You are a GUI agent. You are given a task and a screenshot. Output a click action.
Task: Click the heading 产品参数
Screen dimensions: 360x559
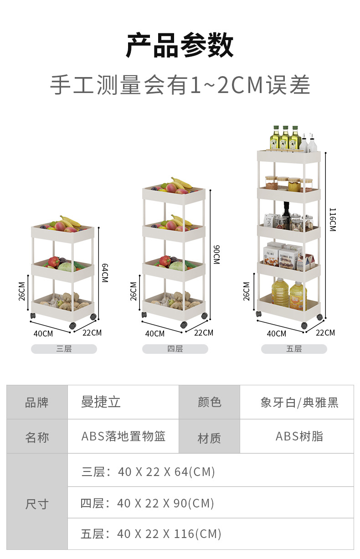[180, 46]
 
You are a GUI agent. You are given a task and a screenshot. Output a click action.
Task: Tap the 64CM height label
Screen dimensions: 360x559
[104, 272]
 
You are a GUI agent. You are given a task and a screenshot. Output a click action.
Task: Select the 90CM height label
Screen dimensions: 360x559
[216, 254]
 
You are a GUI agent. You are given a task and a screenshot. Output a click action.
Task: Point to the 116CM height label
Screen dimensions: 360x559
[332, 219]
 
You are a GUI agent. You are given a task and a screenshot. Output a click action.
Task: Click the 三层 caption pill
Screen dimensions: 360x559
[64, 349]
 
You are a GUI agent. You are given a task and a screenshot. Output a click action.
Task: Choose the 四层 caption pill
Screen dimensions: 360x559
[175, 349]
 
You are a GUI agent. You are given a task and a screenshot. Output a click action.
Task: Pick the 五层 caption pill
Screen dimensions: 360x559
[294, 349]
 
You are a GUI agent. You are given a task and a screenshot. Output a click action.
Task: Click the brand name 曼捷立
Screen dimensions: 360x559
[101, 402]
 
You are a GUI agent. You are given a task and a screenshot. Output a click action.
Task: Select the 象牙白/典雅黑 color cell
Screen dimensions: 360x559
[299, 402]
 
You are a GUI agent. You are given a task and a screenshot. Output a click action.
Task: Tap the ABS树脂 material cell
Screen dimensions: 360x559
[299, 436]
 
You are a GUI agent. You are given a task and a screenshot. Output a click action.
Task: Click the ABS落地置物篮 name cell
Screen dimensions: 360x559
[123, 436]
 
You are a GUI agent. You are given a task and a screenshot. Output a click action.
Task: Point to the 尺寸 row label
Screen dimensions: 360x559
[37, 504]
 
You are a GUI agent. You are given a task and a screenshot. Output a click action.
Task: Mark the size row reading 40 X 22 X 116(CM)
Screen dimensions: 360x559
[151, 533]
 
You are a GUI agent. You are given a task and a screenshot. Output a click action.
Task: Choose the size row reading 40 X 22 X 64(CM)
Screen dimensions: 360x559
[149, 471]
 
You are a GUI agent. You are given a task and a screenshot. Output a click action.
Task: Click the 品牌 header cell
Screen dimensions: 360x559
[37, 402]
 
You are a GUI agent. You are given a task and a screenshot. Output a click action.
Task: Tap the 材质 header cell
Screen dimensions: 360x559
[209, 438]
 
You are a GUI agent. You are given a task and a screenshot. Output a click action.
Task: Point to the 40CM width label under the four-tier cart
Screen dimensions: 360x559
[155, 333]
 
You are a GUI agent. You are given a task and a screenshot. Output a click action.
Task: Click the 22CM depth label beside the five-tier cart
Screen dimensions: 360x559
[325, 332]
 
